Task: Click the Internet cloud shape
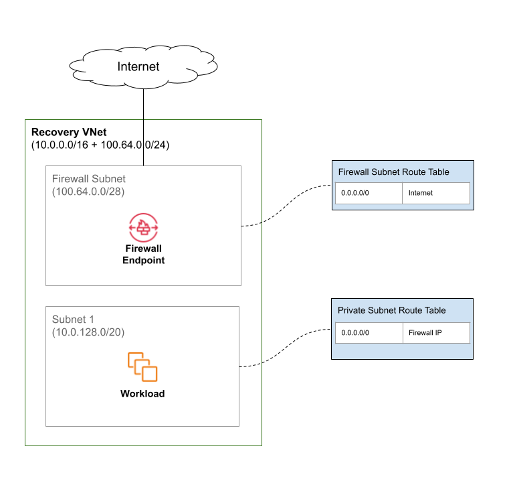142,67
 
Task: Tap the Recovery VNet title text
69,133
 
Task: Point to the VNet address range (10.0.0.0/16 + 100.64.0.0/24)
100,145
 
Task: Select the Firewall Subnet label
89,180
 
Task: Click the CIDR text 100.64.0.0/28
88,192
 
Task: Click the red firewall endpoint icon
143,227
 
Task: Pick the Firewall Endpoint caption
143,254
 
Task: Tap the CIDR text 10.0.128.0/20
88,332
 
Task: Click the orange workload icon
142,367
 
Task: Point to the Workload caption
142,394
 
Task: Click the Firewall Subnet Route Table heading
393,172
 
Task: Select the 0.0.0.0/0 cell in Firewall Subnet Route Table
369,193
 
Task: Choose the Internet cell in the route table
435,193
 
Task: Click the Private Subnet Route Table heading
391,310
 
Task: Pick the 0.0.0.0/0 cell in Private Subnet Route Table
369,333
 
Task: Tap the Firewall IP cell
435,333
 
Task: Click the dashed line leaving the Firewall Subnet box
251,224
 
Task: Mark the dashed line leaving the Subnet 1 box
250,365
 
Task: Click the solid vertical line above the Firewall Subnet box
143,143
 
